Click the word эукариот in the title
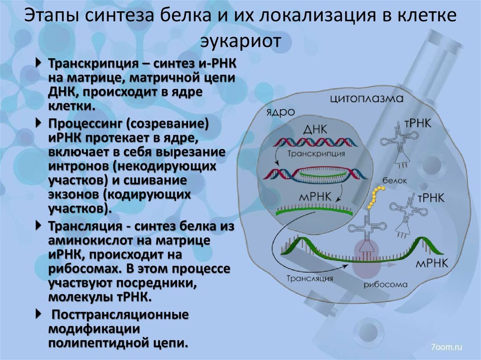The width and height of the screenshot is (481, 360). tap(240, 41)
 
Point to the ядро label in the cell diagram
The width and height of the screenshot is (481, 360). tap(280, 112)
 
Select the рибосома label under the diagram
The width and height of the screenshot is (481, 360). tap(385, 284)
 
